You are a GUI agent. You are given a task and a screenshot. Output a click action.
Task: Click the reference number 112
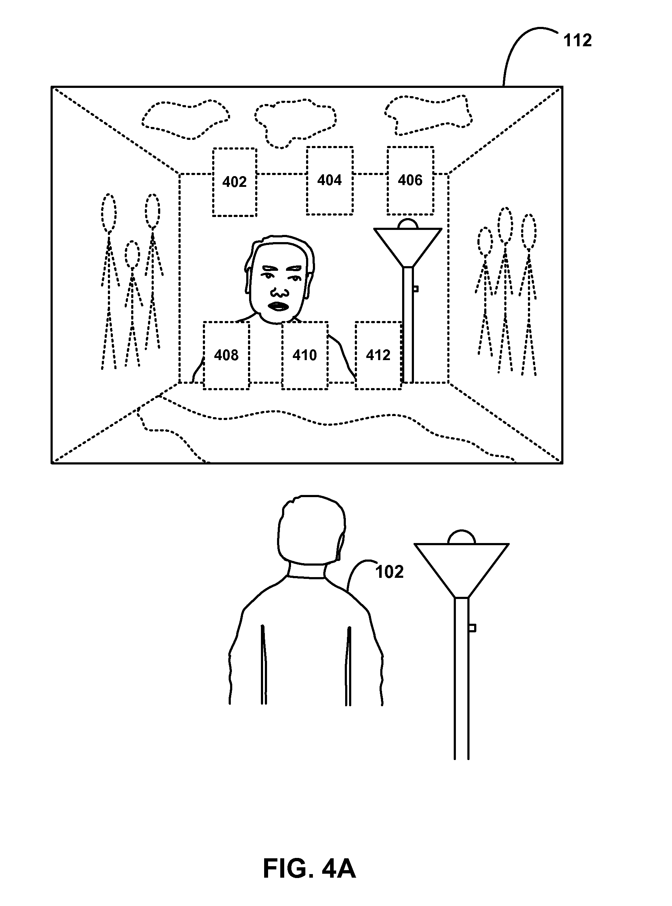click(577, 41)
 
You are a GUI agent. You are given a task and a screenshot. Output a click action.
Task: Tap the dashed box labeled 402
click(235, 149)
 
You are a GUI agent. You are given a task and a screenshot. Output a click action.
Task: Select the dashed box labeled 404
click(329, 147)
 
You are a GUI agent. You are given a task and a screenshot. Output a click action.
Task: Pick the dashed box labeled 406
click(410, 147)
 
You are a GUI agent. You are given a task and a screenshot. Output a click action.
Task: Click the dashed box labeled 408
click(226, 322)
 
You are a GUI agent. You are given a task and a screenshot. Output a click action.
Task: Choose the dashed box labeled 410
click(305, 322)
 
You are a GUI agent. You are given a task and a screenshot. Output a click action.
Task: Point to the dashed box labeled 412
click(378, 322)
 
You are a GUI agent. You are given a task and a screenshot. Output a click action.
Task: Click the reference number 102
click(389, 572)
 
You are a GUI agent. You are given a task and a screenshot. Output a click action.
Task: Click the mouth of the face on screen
click(278, 306)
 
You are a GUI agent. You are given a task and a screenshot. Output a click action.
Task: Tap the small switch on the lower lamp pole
click(472, 628)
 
